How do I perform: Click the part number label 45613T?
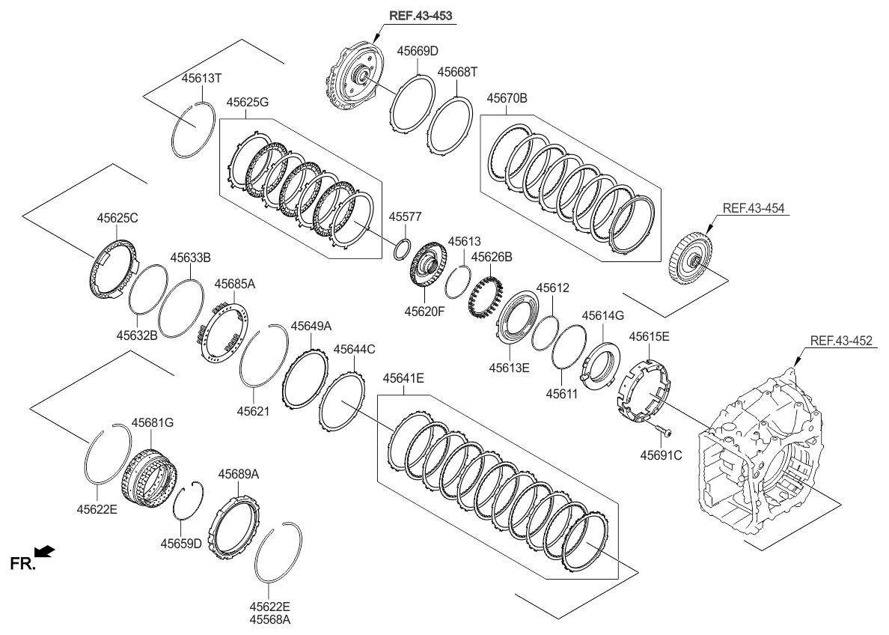tap(203, 78)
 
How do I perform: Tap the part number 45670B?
tap(507, 98)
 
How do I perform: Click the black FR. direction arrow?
tap(46, 552)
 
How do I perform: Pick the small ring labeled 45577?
tap(402, 249)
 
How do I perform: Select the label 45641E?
tap(403, 379)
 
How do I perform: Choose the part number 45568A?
tap(270, 619)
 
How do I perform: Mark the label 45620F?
tap(426, 310)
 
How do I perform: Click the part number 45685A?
tap(235, 284)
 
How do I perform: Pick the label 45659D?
tap(180, 543)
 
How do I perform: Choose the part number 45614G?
tap(602, 315)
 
